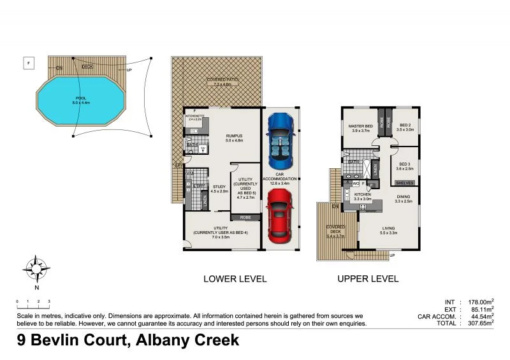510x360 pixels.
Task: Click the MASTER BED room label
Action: coord(360,127)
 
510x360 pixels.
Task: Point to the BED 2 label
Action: coord(405,126)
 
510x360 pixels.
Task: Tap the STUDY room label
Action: coord(219,187)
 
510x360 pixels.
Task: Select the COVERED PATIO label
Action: coord(217,80)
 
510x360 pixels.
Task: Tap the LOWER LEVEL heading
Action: coord(235,278)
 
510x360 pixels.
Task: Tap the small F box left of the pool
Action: coord(29,62)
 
